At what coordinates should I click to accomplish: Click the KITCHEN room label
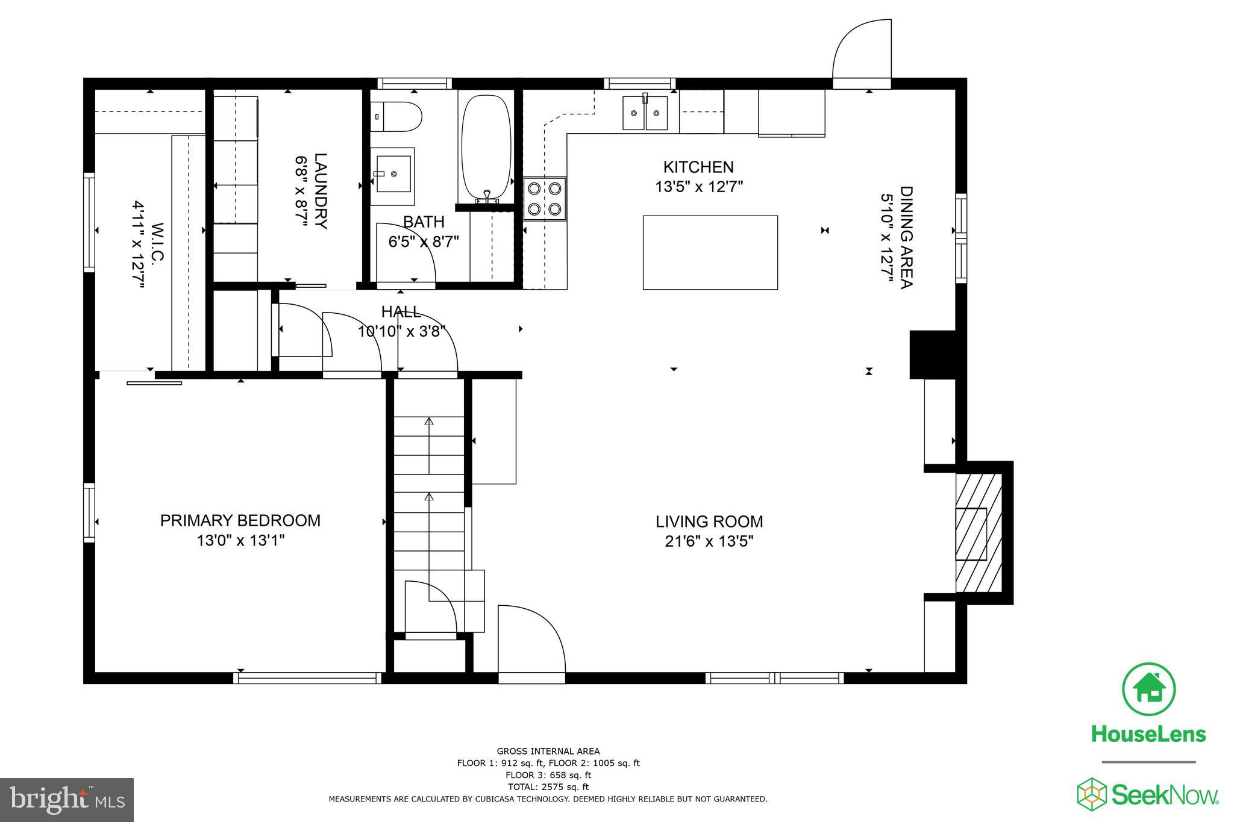coord(698,167)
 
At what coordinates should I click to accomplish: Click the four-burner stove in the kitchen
coord(545,199)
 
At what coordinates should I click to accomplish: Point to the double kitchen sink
coord(645,113)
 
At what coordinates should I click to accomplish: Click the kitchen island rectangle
coord(710,252)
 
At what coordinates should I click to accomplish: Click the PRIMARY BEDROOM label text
coord(240,520)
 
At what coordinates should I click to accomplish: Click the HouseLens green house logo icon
coord(1148,690)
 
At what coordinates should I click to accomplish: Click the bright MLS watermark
coord(66,800)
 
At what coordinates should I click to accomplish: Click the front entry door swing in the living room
coord(531,641)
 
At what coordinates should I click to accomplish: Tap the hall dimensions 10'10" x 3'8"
coord(406,331)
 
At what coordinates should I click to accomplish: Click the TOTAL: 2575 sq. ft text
coord(548,786)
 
